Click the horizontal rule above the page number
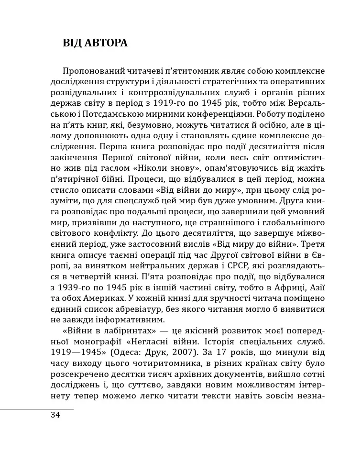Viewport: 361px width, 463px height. pos(37,409)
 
